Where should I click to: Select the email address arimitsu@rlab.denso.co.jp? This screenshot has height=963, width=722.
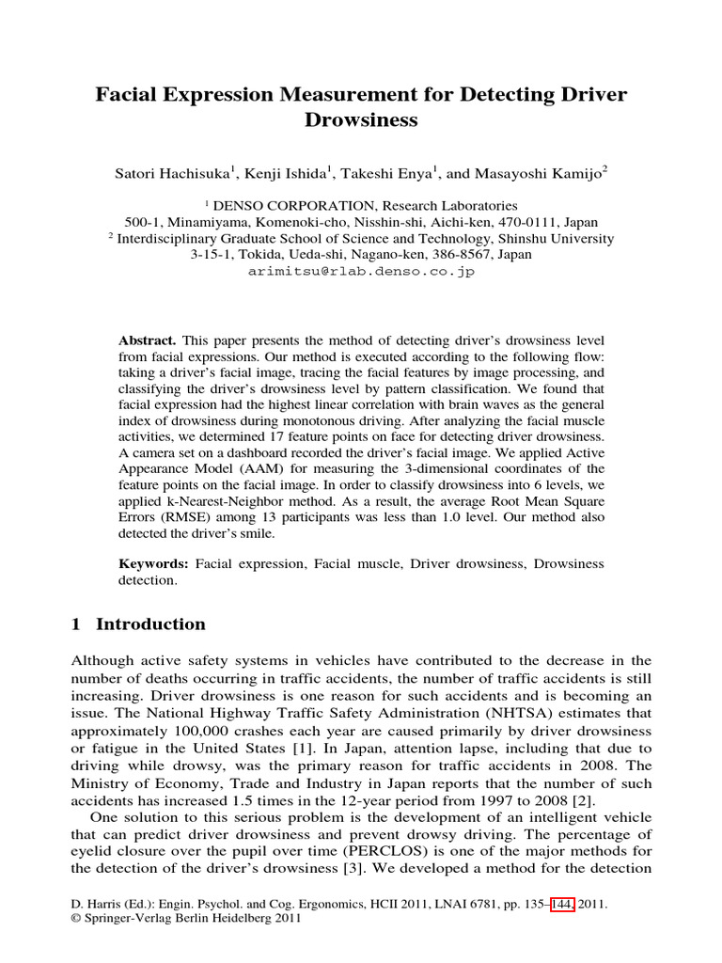tap(361, 271)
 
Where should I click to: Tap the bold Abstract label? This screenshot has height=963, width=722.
tap(147, 339)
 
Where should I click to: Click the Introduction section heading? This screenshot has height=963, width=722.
tap(150, 624)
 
